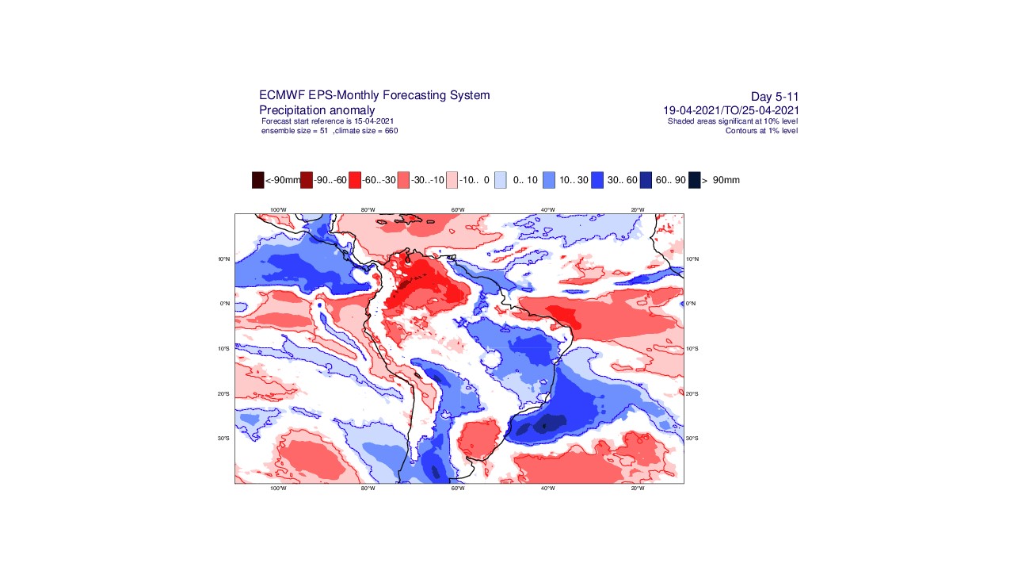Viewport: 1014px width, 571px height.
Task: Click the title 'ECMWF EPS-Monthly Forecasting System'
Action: pos(374,95)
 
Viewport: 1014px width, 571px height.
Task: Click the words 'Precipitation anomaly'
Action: pos(317,109)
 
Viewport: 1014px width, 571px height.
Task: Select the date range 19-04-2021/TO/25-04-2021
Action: pos(730,110)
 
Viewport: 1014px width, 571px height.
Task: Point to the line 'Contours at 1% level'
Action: pos(761,130)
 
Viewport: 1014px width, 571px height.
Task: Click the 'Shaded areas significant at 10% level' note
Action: pos(733,121)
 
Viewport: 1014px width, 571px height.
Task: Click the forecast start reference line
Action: pos(327,121)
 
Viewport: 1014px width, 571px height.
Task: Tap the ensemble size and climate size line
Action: pos(330,130)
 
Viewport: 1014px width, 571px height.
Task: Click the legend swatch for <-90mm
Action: pos(257,180)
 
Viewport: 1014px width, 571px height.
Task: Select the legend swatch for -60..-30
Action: pos(355,180)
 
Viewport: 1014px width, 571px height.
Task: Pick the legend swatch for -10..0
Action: pos(452,180)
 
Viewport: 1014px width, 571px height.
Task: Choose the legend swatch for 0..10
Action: pos(501,180)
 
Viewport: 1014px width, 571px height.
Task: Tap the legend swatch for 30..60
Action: pos(597,180)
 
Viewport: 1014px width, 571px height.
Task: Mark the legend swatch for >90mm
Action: pos(695,180)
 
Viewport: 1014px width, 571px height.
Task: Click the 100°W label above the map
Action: pos(277,209)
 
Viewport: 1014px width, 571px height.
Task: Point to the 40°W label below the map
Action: pos(547,489)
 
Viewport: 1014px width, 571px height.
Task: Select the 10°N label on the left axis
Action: pos(224,259)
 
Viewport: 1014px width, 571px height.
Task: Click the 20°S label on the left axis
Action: pos(224,394)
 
